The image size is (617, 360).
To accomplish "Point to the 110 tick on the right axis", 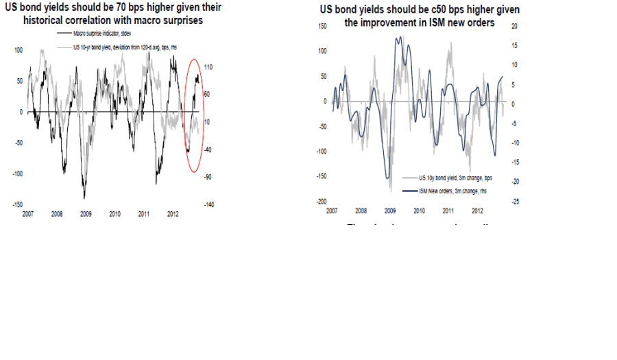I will click(209, 67).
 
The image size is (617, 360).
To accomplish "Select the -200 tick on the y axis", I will click(319, 202).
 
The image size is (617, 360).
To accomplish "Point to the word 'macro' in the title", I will click(152, 21).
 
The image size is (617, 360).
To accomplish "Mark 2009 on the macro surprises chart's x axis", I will click(86, 214).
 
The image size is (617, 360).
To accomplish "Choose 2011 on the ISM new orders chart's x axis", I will click(448, 211).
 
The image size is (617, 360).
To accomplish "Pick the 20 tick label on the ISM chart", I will click(516, 25).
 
